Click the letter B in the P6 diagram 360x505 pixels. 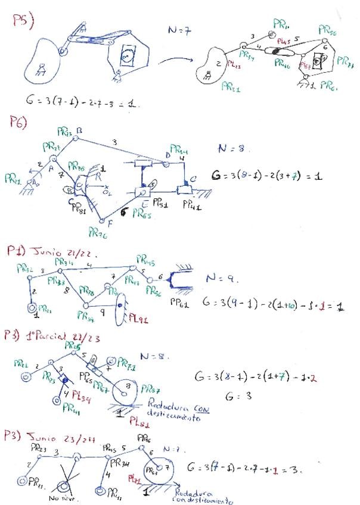(x=79, y=130)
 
